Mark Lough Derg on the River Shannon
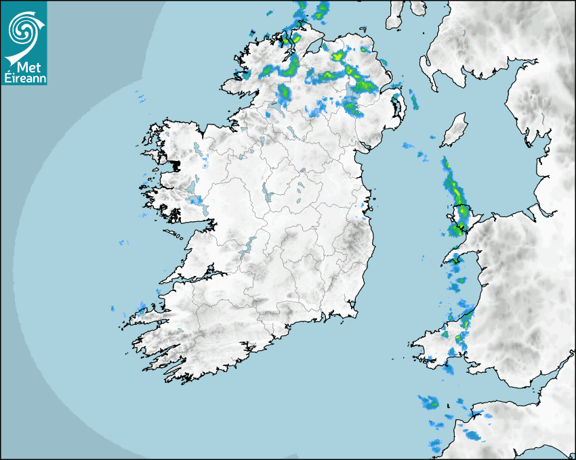[x=248, y=246]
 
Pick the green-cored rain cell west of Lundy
[x=428, y=402]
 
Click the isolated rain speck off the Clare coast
[x=123, y=241]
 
